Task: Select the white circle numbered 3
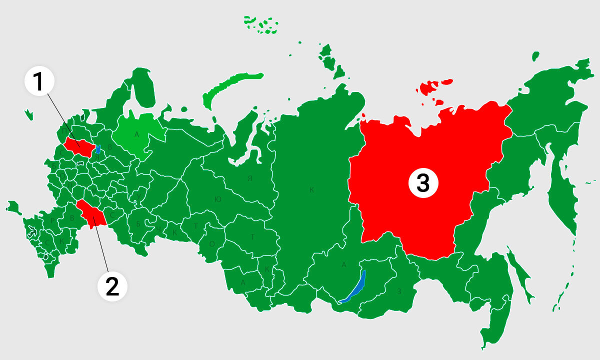(423, 183)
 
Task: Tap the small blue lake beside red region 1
(98, 149)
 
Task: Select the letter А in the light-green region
(136, 134)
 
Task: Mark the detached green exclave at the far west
(13, 206)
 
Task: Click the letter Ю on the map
(217, 199)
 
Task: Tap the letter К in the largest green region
(311, 190)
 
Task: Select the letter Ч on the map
(158, 229)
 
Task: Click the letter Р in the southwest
(52, 220)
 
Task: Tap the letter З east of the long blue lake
(398, 291)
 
